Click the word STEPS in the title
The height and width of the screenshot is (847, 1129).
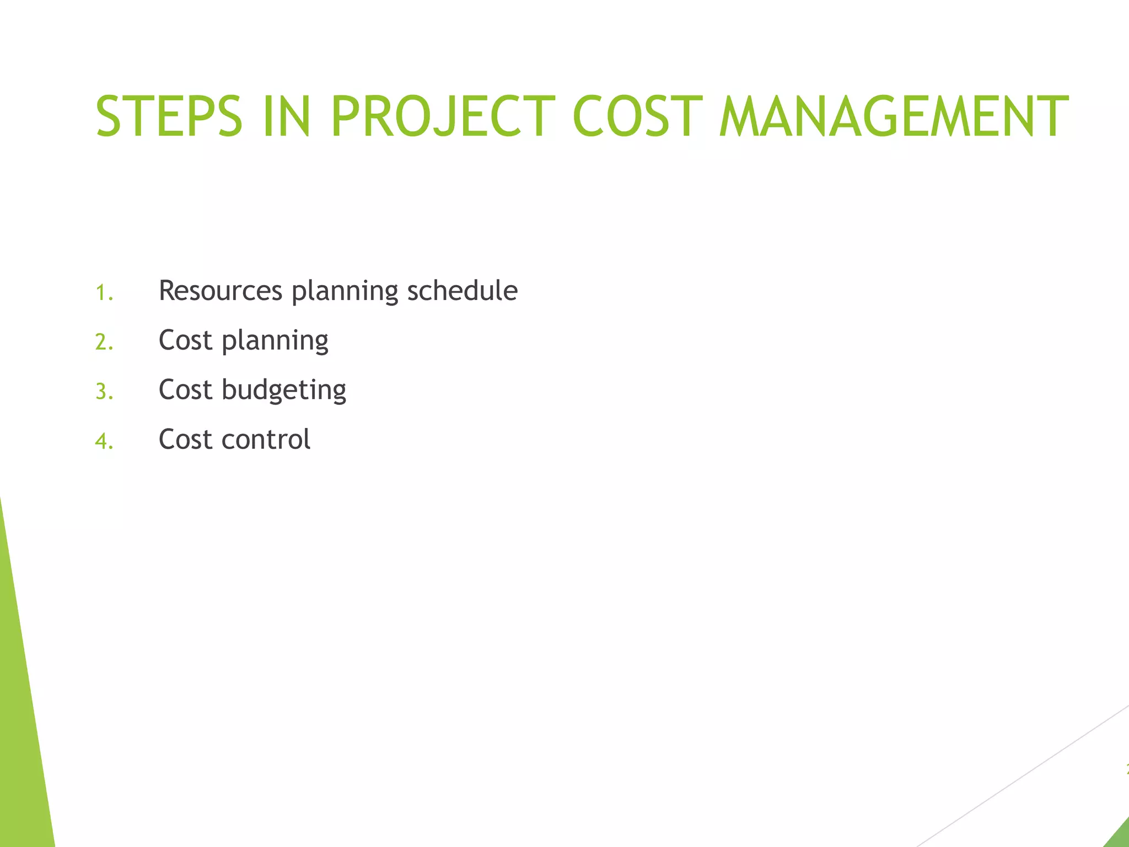click(169, 116)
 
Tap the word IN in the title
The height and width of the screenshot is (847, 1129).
click(286, 116)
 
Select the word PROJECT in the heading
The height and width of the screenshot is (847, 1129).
click(443, 116)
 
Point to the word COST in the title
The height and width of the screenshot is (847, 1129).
click(638, 116)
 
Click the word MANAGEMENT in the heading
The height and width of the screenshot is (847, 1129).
click(894, 116)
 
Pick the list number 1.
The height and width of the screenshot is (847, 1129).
click(104, 293)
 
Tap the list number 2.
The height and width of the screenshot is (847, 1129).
click(104, 342)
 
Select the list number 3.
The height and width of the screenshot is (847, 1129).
click(104, 392)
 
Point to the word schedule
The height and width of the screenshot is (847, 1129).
click(462, 291)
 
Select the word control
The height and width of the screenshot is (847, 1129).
click(266, 440)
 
